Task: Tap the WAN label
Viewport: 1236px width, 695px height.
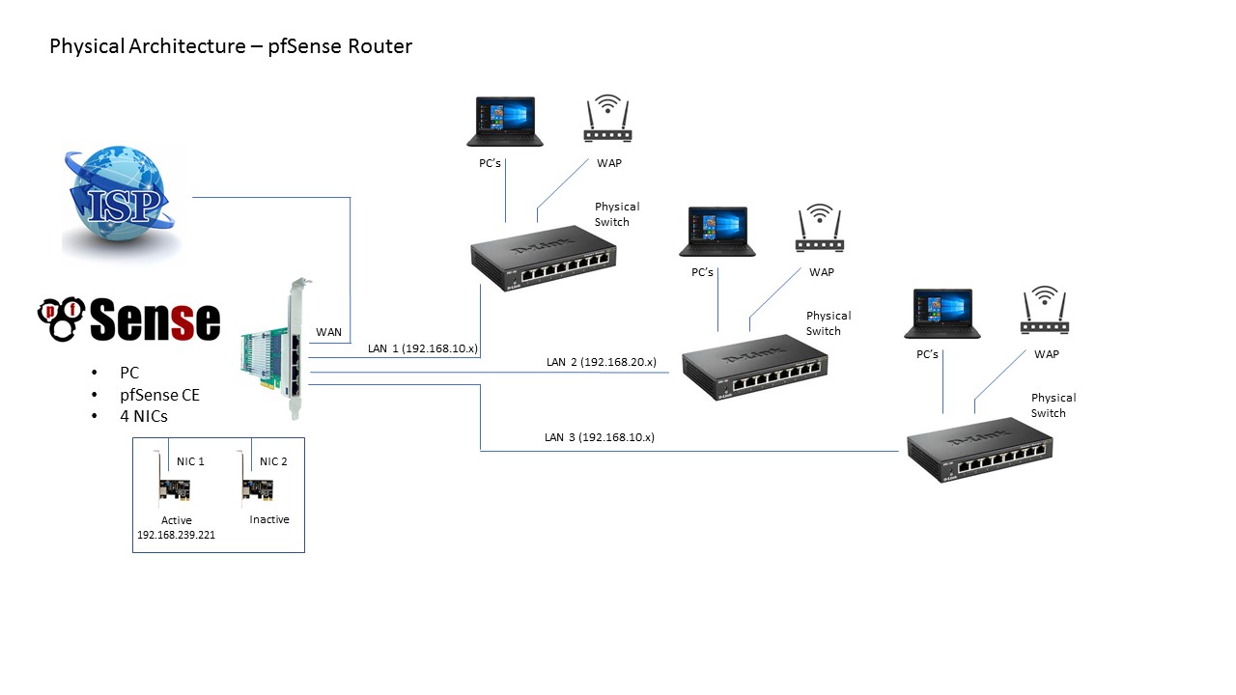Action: pos(329,332)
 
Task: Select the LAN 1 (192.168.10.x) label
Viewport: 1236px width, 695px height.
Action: pos(423,347)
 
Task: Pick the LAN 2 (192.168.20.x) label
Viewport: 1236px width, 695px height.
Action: pos(601,362)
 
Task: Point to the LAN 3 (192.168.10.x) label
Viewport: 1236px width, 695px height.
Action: pos(599,437)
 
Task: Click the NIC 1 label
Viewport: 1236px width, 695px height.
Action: pos(191,461)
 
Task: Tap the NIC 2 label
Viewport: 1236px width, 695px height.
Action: pos(274,461)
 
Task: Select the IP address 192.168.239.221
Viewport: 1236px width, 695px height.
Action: pos(177,534)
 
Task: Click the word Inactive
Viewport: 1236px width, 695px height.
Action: pos(269,519)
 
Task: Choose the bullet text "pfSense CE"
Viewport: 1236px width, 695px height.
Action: pos(159,394)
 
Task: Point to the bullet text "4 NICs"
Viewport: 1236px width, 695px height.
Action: pos(145,416)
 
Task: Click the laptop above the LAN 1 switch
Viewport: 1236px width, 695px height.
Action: pos(504,122)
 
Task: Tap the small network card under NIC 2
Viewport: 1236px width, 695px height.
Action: pos(258,490)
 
